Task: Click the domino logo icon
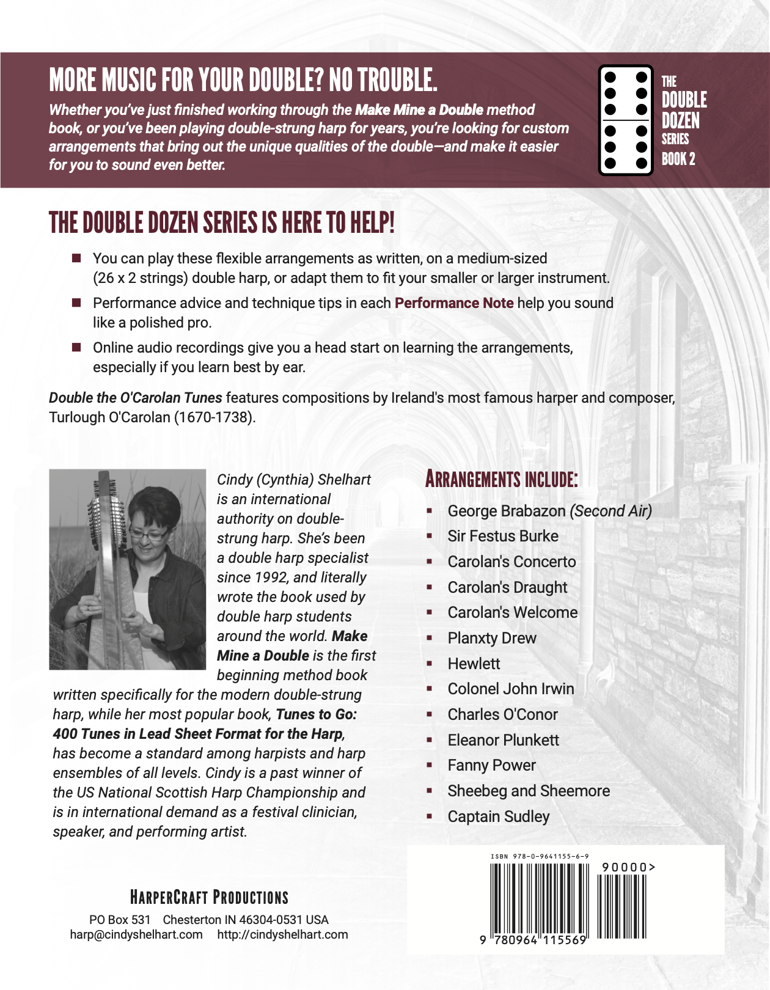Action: coord(626,120)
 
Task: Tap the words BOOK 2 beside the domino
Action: coord(678,159)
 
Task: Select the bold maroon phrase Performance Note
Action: coord(454,303)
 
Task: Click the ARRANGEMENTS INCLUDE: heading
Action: coord(501,479)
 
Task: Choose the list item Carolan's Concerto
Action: coord(512,562)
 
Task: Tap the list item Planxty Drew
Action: coord(492,638)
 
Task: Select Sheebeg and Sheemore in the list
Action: coord(529,791)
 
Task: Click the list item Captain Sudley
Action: coord(499,816)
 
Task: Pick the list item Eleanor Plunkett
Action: coord(503,740)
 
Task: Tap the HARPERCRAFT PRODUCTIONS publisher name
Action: coord(209,898)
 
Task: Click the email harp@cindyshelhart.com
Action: coord(136,934)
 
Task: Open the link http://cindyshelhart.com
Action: coord(282,934)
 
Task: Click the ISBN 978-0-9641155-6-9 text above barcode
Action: coord(540,856)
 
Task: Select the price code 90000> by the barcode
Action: coord(628,867)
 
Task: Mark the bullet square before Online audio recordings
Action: coord(76,347)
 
